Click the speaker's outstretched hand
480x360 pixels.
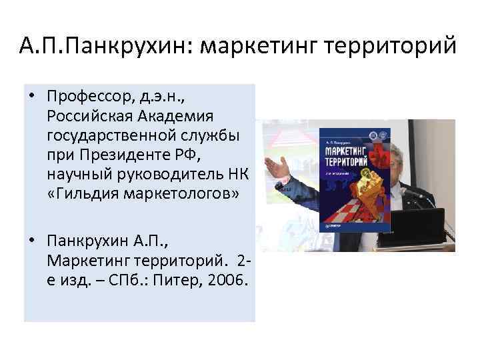pos(277,167)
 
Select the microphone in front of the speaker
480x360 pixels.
pos(413,193)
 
